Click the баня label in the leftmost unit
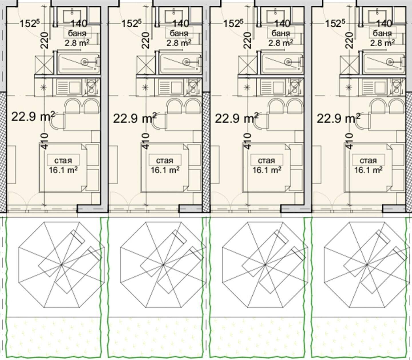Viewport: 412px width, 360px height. (77, 33)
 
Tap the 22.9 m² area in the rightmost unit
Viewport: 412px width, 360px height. (338, 118)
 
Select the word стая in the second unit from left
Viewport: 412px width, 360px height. (165, 161)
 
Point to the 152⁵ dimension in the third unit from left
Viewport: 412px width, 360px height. (233, 23)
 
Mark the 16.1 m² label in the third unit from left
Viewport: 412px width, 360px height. (267, 170)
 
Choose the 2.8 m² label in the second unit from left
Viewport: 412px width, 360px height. (179, 43)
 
